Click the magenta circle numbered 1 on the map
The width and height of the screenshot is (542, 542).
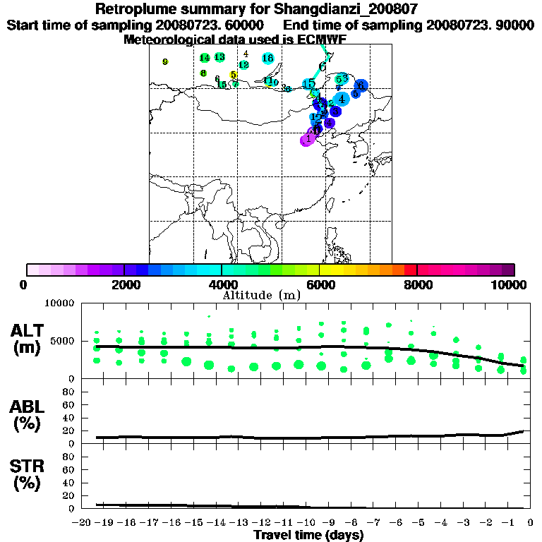pyautogui.click(x=307, y=139)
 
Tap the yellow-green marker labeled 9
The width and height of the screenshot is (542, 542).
pyautogui.click(x=165, y=62)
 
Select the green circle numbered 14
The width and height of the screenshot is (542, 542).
pyautogui.click(x=205, y=58)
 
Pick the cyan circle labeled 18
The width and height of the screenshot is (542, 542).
pyautogui.click(x=268, y=58)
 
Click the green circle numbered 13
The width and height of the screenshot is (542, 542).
pyautogui.click(x=219, y=57)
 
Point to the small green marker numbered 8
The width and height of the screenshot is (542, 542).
pyautogui.click(x=203, y=73)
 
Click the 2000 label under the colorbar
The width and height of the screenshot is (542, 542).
pyautogui.click(x=124, y=285)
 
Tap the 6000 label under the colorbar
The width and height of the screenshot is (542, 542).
pyautogui.click(x=319, y=285)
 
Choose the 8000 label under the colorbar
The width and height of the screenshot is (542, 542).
pyautogui.click(x=417, y=285)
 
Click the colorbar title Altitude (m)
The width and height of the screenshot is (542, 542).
pyautogui.click(x=261, y=295)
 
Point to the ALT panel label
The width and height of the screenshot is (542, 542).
pyautogui.click(x=30, y=339)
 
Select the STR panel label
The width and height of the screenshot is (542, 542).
pyautogui.click(x=29, y=474)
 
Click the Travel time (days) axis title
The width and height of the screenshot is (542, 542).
pyautogui.click(x=308, y=536)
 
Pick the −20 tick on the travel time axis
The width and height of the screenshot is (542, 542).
pyautogui.click(x=83, y=522)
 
